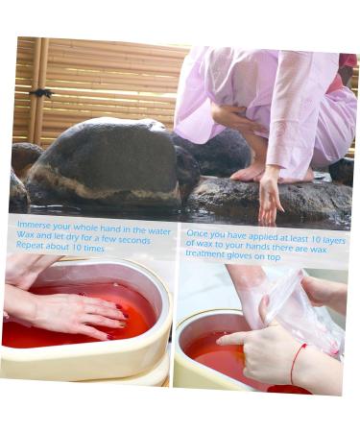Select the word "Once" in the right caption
pos(197,233)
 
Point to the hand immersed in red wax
pos(77,312)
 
